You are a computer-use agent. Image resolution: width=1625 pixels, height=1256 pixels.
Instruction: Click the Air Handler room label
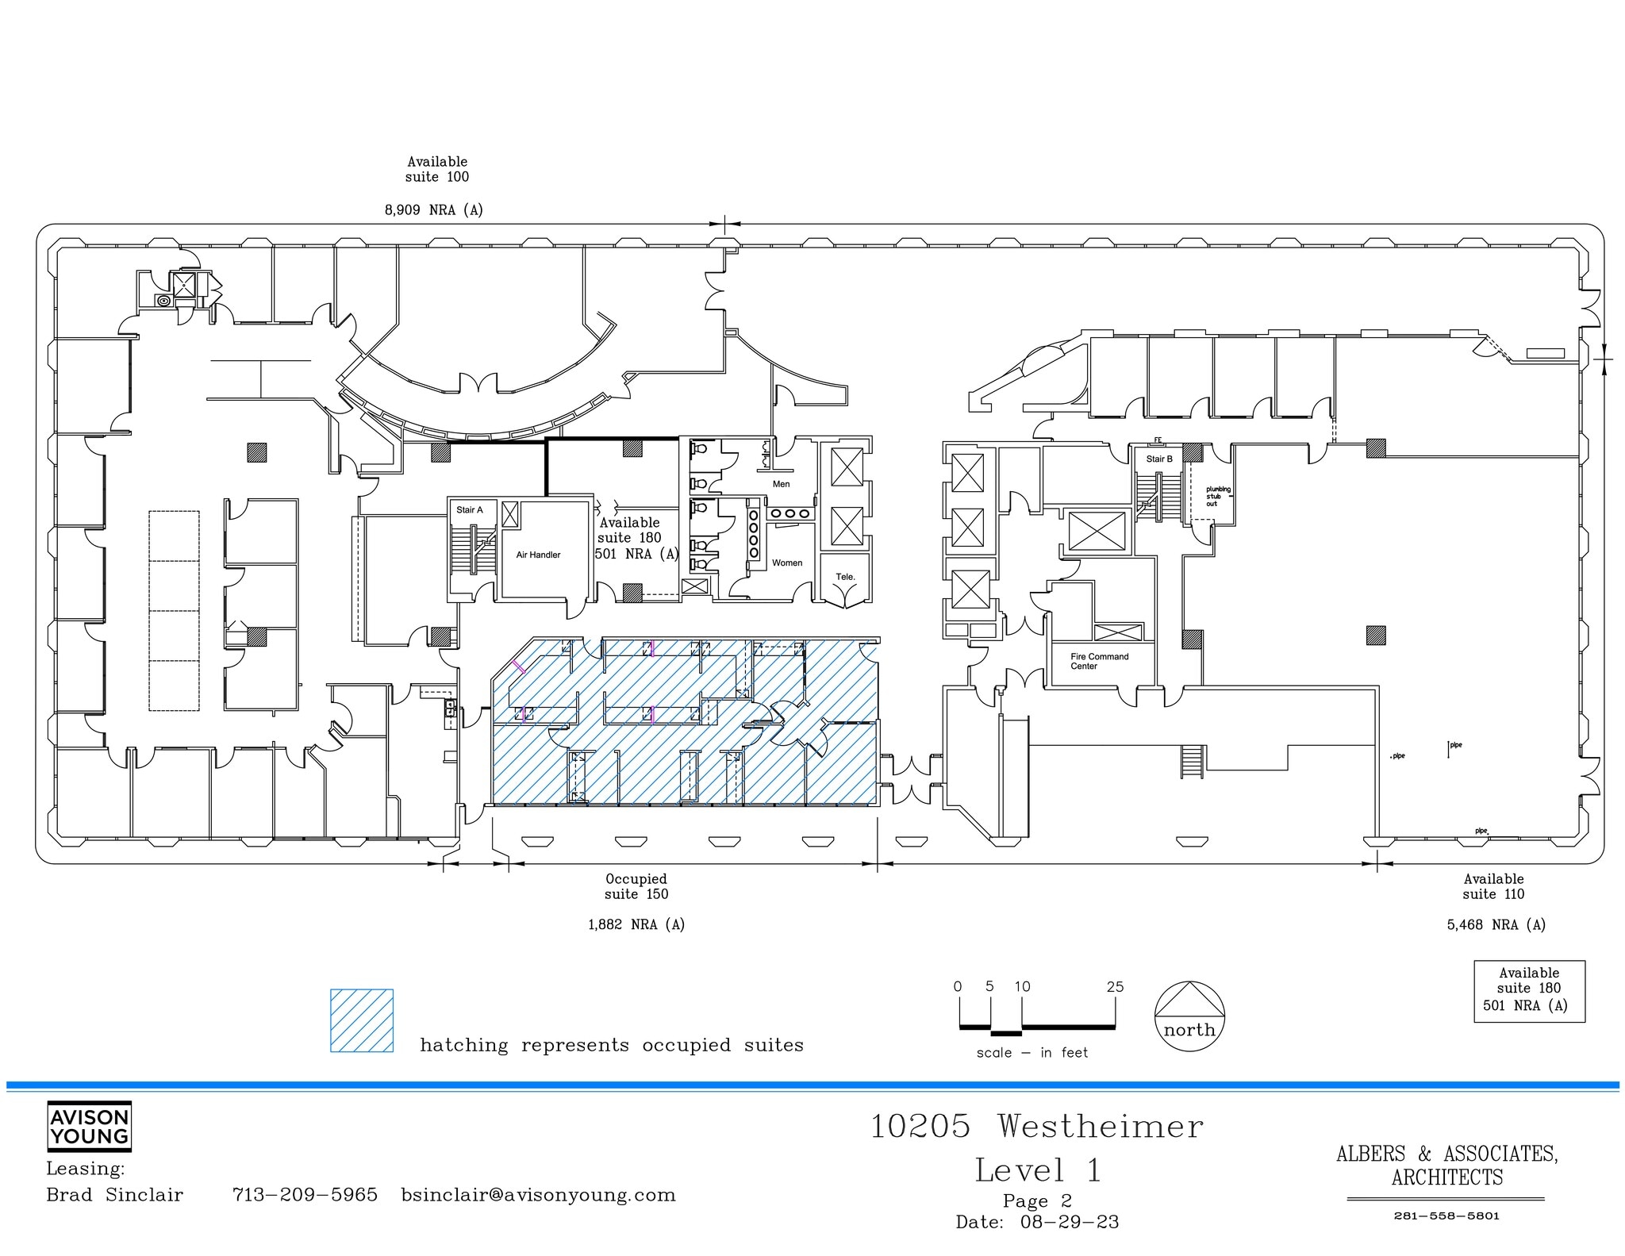tap(538, 555)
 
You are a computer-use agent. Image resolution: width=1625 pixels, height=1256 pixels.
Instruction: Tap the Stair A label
tap(469, 510)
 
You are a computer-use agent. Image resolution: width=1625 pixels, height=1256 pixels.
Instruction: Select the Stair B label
tap(1158, 459)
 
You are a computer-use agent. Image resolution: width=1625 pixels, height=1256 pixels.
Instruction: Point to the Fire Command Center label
tap(1099, 661)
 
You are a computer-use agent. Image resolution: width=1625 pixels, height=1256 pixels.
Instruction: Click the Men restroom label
tap(781, 484)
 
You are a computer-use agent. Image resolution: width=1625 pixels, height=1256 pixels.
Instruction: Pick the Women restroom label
tap(786, 563)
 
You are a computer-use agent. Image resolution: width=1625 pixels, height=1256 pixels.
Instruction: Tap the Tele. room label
tap(845, 577)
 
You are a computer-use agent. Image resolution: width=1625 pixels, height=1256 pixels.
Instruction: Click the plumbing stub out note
tap(1218, 497)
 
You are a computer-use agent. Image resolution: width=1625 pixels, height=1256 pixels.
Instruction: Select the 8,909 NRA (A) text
tap(433, 210)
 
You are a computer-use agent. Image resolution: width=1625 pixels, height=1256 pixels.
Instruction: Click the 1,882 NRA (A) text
tap(636, 924)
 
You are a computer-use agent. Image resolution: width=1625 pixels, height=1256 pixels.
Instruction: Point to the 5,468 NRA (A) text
tap(1496, 924)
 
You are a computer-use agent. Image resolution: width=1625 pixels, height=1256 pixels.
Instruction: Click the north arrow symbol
tap(1189, 1017)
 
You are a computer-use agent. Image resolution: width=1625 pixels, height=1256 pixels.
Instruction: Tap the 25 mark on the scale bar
tap(1115, 987)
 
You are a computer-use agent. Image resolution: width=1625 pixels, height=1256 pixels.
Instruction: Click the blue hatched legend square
tap(362, 1020)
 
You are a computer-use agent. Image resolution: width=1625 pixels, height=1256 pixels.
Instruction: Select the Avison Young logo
tap(89, 1126)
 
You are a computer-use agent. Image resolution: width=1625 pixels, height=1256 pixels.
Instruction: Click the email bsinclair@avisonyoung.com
tap(538, 1195)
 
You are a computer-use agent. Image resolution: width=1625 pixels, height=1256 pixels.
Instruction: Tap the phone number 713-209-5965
tap(305, 1195)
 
